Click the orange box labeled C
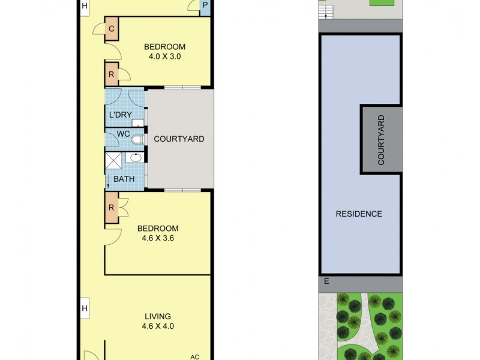pyautogui.click(x=112, y=28)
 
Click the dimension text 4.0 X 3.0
pyautogui.click(x=164, y=57)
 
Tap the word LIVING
pyautogui.click(x=158, y=316)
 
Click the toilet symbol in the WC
pyautogui.click(x=138, y=140)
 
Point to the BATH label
pyautogui.click(x=124, y=179)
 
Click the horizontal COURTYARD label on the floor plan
pyautogui.click(x=179, y=139)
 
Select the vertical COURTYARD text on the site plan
pyautogui.click(x=380, y=140)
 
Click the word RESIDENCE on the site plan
pyautogui.click(x=358, y=214)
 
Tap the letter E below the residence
pyautogui.click(x=326, y=281)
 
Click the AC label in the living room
pyautogui.click(x=194, y=356)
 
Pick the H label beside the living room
pyautogui.click(x=85, y=308)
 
